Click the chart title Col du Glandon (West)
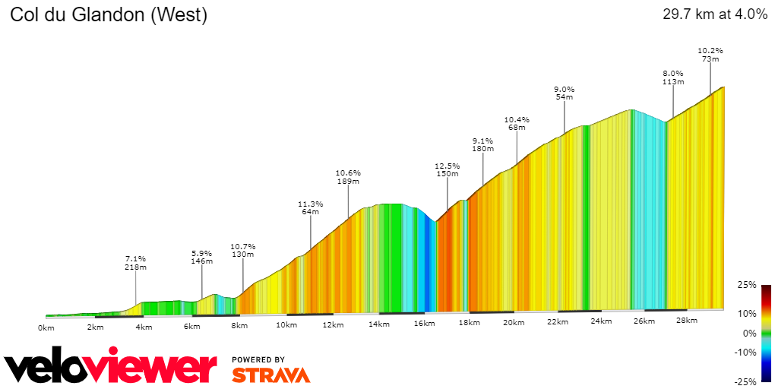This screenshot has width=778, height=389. point(108,14)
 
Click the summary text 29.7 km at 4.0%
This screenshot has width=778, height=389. point(715,14)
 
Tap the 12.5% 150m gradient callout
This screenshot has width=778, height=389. point(447,169)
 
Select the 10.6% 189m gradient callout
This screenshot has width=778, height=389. point(348,177)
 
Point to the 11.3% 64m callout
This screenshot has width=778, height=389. point(310,207)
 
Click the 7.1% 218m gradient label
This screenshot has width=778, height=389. point(135,263)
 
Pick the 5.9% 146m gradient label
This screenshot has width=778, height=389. point(201,257)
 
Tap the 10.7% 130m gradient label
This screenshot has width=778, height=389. point(242,250)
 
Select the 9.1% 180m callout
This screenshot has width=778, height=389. point(482,144)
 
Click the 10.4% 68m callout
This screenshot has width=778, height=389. point(517,123)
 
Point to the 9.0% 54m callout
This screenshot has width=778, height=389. point(564,93)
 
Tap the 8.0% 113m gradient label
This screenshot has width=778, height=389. point(673,77)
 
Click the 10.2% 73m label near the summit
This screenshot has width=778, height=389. point(710,55)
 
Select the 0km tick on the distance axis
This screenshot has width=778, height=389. point(46,327)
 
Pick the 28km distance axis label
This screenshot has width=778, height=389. point(686,321)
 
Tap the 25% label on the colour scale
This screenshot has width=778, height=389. point(748,285)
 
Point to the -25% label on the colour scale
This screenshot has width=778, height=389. point(746,381)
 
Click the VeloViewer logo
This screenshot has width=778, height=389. point(111,368)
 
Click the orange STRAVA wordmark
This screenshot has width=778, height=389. point(270,375)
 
